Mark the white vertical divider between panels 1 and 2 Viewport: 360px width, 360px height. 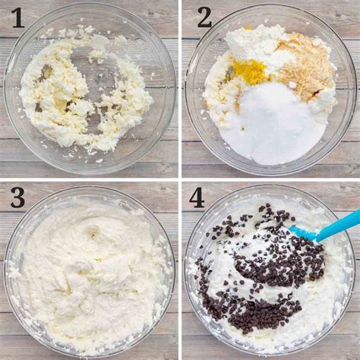tap(180, 89)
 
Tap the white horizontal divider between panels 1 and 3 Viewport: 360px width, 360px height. tap(89, 179)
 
